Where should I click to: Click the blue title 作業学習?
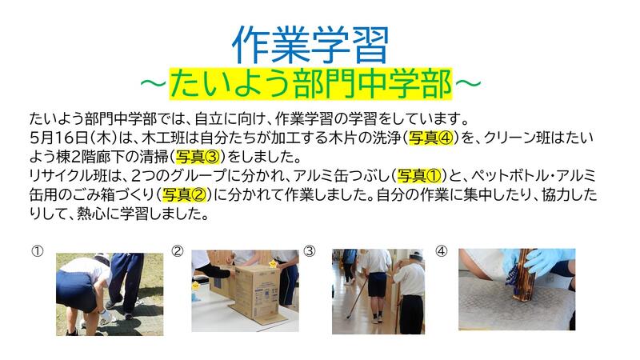pos(310,45)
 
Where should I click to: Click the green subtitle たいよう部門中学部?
pos(310,83)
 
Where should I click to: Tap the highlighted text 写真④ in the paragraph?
pos(431,138)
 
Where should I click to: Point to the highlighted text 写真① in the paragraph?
pos(419,176)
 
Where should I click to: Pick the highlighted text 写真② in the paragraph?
pos(185,194)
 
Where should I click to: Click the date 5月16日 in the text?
pos(59,138)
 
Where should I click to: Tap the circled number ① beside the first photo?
pos(37,251)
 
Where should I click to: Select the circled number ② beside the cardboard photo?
pos(177,251)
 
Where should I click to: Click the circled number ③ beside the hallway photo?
pos(310,251)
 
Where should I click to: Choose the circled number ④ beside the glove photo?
pos(442,251)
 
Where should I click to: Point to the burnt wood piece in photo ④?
pos(523,274)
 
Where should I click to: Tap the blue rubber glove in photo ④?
pos(547,262)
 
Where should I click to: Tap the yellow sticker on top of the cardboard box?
pos(272,264)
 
